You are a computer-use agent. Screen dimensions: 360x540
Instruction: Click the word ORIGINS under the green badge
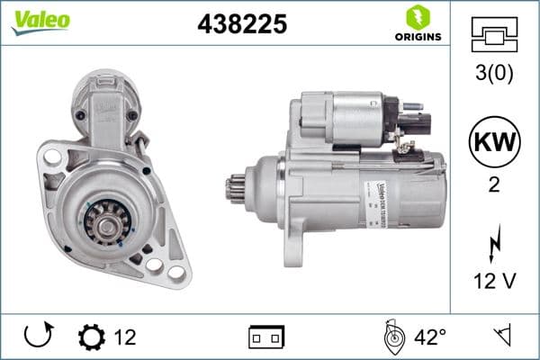(x=417, y=37)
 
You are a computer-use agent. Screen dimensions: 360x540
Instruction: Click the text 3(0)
(x=495, y=74)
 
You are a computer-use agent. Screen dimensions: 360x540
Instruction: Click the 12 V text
(x=495, y=282)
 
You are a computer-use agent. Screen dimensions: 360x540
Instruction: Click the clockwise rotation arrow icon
(x=38, y=337)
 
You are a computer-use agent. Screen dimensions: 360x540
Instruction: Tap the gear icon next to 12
(x=92, y=337)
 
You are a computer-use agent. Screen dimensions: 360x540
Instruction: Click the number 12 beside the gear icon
(x=125, y=337)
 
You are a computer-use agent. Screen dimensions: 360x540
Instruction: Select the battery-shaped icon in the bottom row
(x=266, y=337)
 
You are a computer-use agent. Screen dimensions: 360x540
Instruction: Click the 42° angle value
(x=430, y=337)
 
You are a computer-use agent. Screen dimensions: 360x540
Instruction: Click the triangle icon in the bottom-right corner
(x=501, y=337)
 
